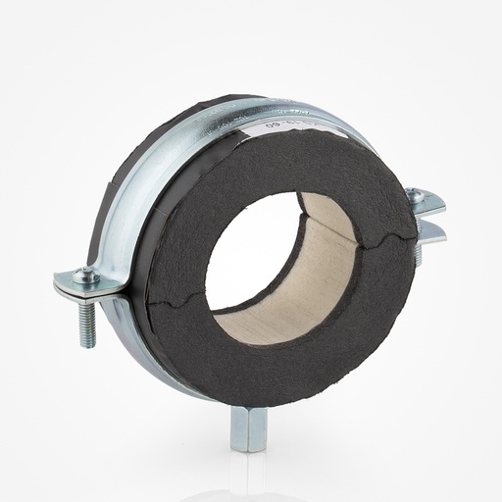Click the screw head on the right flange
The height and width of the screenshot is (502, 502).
pyautogui.click(x=416, y=196)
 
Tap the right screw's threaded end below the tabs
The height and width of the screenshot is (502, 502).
pyautogui.click(x=417, y=254)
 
